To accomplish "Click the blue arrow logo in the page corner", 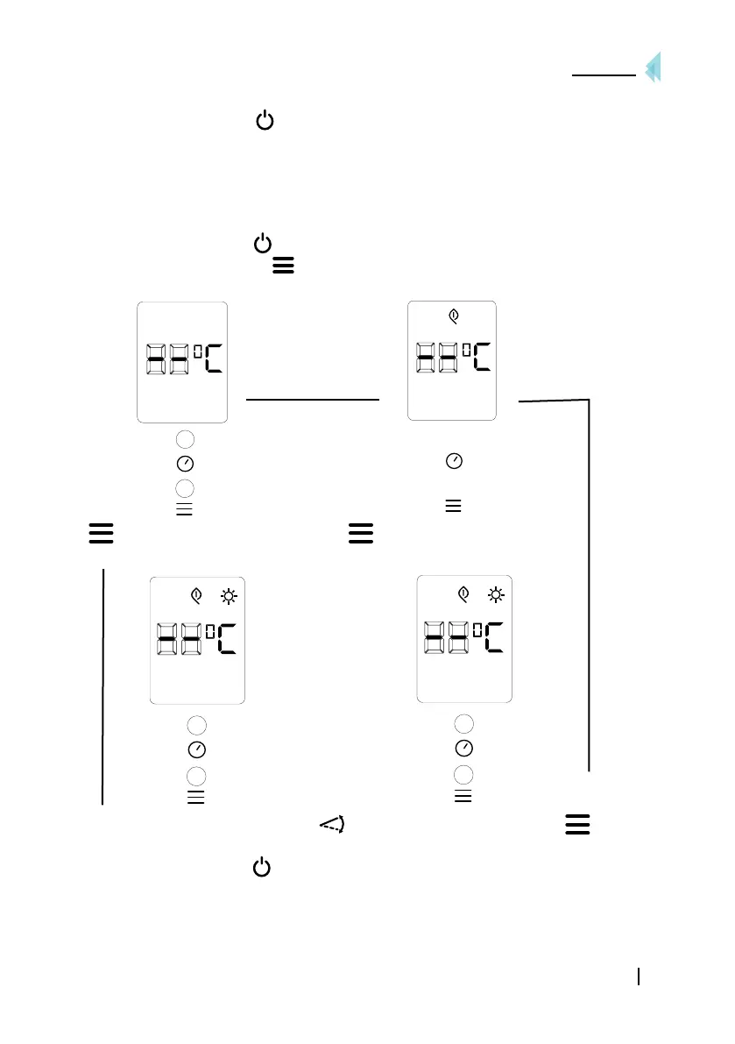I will (653, 68).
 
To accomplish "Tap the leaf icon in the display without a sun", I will (452, 313).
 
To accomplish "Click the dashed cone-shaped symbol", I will (331, 823).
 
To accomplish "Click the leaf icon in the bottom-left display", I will (197, 596).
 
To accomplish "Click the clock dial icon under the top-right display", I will (454, 460).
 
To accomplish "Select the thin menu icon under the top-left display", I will (184, 509).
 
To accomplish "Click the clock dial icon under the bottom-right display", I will (464, 749).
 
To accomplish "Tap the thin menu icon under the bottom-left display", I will (196, 797).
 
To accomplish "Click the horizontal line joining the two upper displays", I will (313, 399).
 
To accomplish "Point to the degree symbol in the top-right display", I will (466, 351).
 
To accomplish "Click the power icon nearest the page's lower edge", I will (261, 867).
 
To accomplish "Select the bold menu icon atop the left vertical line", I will (101, 535).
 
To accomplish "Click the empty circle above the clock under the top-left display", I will (184, 438).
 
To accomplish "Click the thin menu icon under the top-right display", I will (453, 506).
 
